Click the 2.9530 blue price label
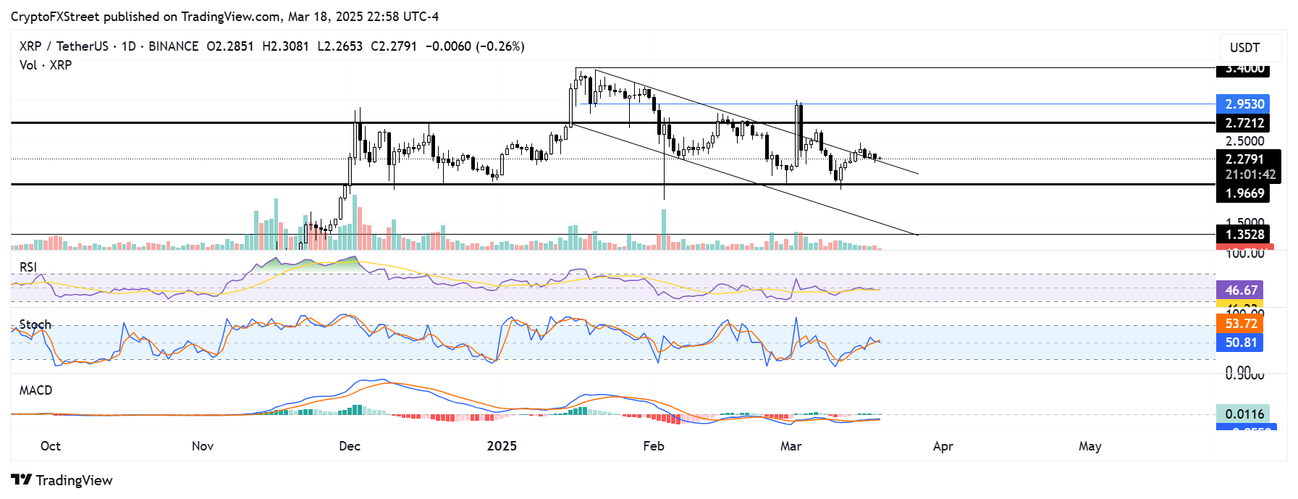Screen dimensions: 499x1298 (1244, 104)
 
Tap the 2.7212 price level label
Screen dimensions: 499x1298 (1244, 123)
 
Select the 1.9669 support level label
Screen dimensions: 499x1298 (1244, 193)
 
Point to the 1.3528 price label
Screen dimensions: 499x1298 (1244, 235)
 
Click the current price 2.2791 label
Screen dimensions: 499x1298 (1244, 159)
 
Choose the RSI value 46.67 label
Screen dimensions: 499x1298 (1240, 290)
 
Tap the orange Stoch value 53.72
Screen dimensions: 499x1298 (1240, 324)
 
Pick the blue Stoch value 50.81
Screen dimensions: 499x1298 (1240, 343)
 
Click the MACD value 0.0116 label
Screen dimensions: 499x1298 (1244, 414)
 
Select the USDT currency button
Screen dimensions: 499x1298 (1244, 48)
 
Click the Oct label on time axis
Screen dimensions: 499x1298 (51, 446)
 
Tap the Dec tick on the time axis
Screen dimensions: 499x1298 (350, 446)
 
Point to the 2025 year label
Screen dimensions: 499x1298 (502, 446)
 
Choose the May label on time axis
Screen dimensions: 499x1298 (1090, 446)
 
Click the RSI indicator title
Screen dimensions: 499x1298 (28, 267)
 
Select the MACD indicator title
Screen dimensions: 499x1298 (35, 390)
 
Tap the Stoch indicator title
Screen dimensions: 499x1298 (35, 324)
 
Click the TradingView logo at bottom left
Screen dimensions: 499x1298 (62, 480)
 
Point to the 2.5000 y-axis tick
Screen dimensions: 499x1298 (1244, 141)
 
